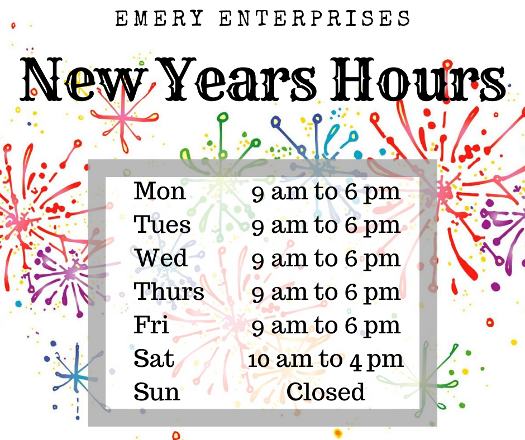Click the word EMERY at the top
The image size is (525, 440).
[x=159, y=18]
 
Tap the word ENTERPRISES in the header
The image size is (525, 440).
[x=315, y=18]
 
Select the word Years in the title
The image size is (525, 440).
[x=241, y=79]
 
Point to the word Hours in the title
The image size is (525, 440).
[x=418, y=79]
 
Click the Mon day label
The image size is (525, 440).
[x=160, y=191]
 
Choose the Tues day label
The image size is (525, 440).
[x=162, y=224]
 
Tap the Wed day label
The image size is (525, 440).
[x=161, y=257]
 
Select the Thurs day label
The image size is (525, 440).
[x=169, y=291]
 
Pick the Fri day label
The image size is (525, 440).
[x=151, y=324]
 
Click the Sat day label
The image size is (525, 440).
[x=154, y=358]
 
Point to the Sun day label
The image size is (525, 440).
[x=157, y=391]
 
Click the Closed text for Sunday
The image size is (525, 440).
[x=326, y=391]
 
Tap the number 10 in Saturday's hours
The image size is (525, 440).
[x=259, y=360]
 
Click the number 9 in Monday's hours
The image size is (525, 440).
[x=258, y=194]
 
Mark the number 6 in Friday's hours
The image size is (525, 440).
[x=351, y=326]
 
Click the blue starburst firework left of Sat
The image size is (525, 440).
[x=77, y=377]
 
